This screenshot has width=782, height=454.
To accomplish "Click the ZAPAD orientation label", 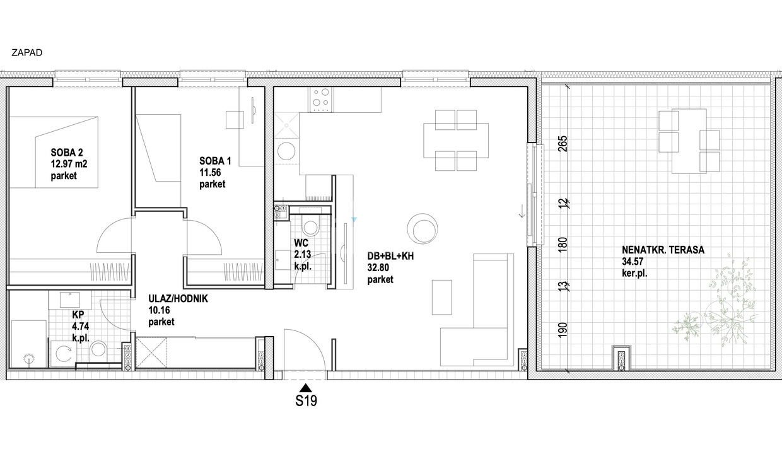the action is [x=27, y=53].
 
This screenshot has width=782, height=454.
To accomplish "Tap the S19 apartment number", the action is [x=306, y=401].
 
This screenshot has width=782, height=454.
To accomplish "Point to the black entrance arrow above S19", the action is [x=306, y=388].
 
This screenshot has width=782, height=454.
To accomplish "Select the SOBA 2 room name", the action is [x=67, y=153].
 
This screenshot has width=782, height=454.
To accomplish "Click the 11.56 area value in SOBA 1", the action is [x=210, y=172].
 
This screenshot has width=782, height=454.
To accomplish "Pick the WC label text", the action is [x=301, y=243].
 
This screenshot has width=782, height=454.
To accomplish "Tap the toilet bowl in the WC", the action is [x=310, y=226].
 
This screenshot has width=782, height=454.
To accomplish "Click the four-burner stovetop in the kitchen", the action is [x=321, y=100].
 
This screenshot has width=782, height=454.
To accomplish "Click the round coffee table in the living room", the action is [x=422, y=228].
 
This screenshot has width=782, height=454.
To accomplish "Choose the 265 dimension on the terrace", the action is [x=563, y=143].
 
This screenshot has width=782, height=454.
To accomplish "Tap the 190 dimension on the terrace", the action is [x=563, y=330].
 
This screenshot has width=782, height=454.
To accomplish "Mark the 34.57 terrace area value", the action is [x=633, y=262].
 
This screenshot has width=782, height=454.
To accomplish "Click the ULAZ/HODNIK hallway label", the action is [x=178, y=299].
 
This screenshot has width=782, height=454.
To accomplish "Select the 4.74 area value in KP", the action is [x=80, y=326].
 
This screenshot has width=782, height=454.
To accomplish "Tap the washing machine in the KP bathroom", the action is [x=64, y=354].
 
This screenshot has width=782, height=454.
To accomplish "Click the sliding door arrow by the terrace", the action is [x=522, y=211].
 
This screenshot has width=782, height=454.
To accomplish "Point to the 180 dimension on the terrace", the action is [x=563, y=245].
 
